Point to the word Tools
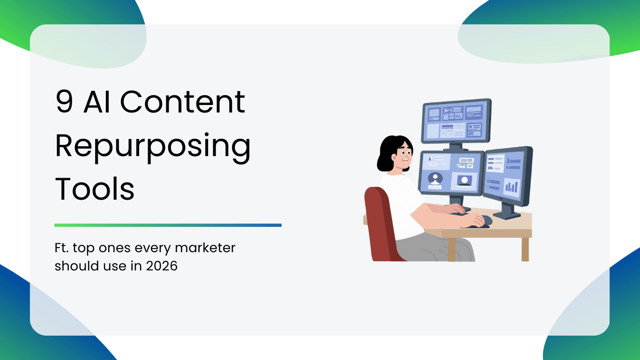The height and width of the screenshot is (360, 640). pos(95,189)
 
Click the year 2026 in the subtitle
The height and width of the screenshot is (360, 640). pos(162,266)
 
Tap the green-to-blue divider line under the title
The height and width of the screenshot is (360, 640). pos(168,225)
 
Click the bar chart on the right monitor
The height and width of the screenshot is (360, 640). pos(511,187)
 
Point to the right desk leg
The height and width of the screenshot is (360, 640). pos(525,249)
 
